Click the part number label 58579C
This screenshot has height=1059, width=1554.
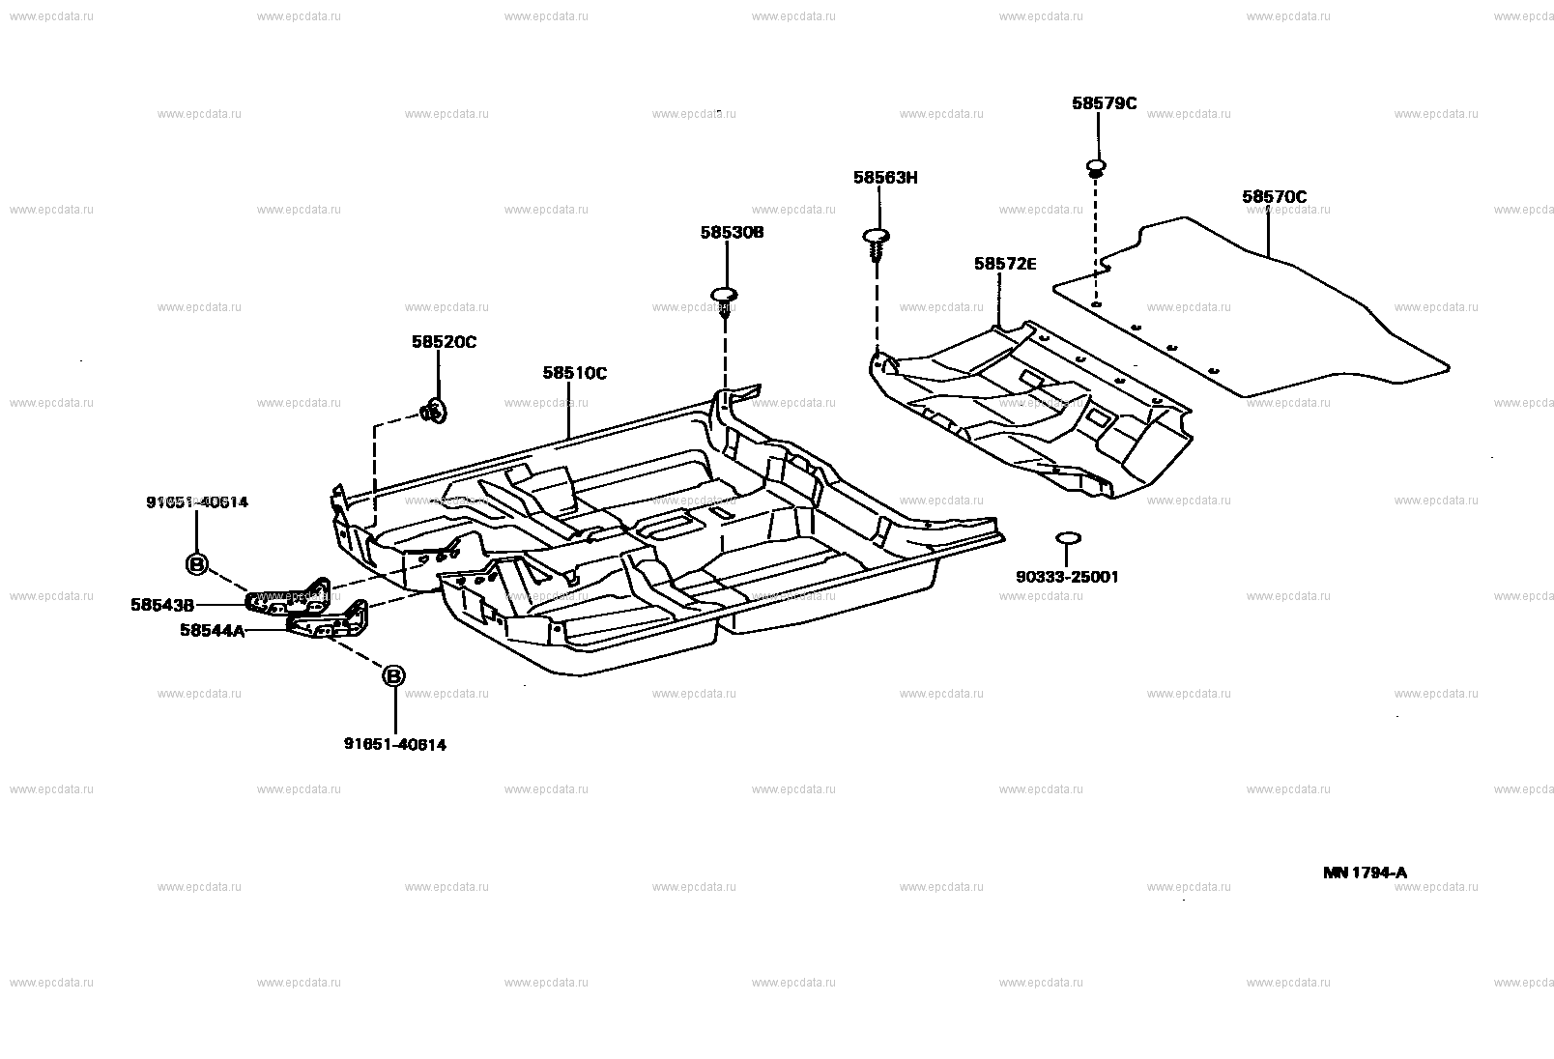1104,103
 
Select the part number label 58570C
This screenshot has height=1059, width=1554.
1274,197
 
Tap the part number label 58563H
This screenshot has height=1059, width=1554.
884,178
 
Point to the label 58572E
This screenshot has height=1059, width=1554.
1004,264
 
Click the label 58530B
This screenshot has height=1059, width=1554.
732,233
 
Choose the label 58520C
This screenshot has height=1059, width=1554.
444,342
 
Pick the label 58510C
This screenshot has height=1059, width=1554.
574,373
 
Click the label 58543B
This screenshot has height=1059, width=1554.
162,605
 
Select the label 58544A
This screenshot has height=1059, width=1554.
212,630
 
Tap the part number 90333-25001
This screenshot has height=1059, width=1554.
1067,577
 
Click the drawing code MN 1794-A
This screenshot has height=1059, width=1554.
1365,873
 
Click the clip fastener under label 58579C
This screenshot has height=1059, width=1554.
1096,169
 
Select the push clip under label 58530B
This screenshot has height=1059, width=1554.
725,298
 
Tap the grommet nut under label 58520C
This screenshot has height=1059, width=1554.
433,414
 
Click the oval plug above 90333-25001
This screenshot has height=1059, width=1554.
1067,537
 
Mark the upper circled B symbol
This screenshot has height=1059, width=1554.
196,563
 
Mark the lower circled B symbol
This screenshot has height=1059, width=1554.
394,676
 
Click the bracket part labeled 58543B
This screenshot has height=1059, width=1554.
290,598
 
